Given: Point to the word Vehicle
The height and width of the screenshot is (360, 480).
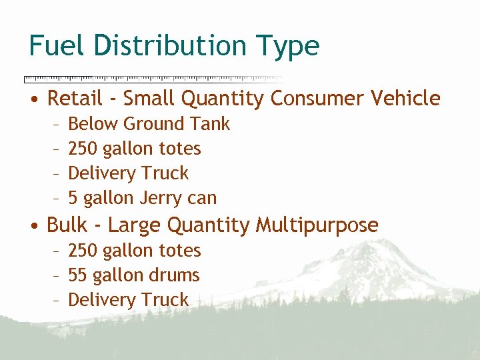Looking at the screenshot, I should coord(405,99).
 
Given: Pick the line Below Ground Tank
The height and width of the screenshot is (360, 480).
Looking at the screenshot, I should coord(149,124).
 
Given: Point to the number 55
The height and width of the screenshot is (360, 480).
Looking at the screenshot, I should coord(78,275).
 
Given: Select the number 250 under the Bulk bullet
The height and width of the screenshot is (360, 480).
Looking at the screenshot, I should coord(83,251).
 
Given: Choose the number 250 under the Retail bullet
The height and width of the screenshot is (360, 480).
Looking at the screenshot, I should coord(83,149).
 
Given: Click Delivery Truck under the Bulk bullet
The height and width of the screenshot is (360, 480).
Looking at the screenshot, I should coord(129,300).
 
